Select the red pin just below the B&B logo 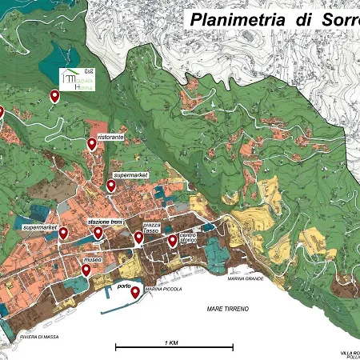point(55,96)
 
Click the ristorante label point(110,138)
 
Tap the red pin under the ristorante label point(92,143)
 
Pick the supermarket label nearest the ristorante point(131,174)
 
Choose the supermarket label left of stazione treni point(41,227)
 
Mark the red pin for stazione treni point(98,233)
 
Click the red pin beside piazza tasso point(138,237)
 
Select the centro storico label point(188,238)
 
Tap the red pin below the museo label point(86,270)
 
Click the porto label point(123,285)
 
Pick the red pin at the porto point(135,292)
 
